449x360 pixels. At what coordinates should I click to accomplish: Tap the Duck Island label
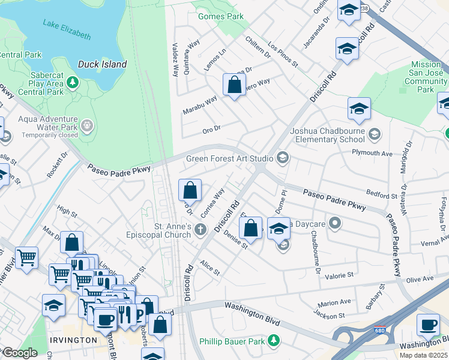click(x=102, y=64)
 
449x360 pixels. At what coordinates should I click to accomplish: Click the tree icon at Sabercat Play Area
click(x=73, y=82)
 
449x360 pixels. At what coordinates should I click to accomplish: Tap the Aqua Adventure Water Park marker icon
click(x=88, y=125)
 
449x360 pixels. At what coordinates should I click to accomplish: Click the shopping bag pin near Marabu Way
click(x=234, y=85)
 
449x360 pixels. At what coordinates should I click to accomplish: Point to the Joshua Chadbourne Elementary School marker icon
click(x=375, y=133)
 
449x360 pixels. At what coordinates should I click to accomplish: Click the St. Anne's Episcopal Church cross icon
click(x=200, y=229)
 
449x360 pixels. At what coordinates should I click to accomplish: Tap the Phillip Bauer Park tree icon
click(x=274, y=341)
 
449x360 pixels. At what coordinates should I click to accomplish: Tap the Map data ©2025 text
click(x=423, y=355)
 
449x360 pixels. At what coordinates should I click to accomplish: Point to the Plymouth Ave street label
click(x=372, y=154)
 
